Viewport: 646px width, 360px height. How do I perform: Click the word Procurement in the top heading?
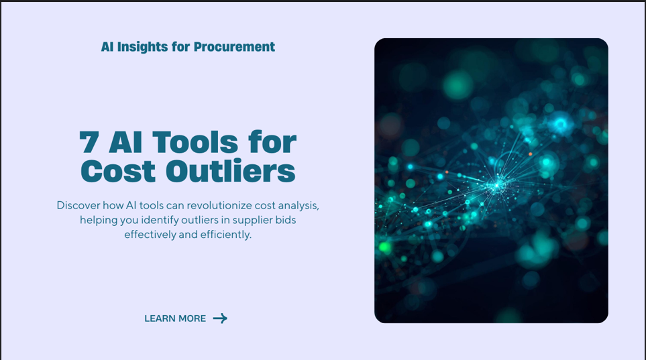pyautogui.click(x=234, y=47)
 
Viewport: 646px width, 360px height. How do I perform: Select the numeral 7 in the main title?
pyautogui.click(x=89, y=142)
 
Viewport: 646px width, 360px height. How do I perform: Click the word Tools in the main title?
pyautogui.click(x=195, y=142)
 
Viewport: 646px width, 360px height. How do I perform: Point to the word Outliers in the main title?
pyautogui.click(x=231, y=170)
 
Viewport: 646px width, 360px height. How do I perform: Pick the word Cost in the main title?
pyautogui.click(x=118, y=171)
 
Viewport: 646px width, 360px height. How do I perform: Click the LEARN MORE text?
pyautogui.click(x=175, y=318)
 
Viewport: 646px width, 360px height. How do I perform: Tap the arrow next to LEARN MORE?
pyautogui.click(x=220, y=318)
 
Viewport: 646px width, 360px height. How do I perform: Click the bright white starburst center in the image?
pyautogui.click(x=497, y=185)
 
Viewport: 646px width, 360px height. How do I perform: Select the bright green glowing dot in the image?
pyautogui.click(x=385, y=247)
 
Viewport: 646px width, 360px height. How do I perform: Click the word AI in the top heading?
pyautogui.click(x=107, y=47)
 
